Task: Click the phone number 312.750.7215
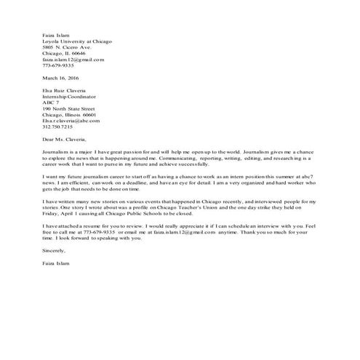pyautogui.click(x=58, y=127)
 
